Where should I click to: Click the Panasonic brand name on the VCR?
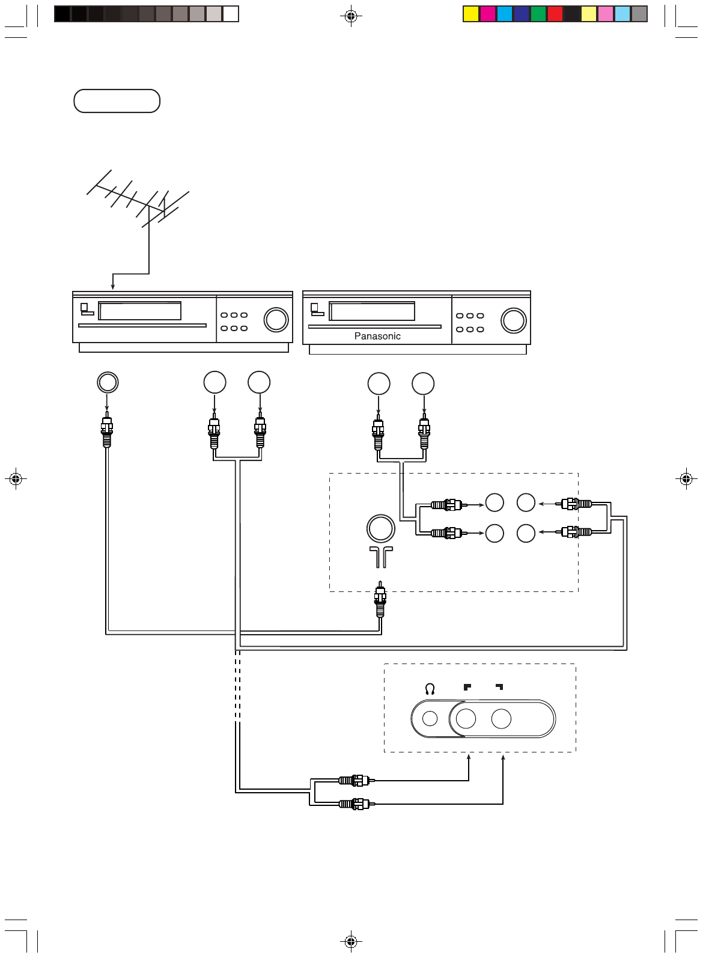coord(377,336)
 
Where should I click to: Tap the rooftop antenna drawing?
coord(138,198)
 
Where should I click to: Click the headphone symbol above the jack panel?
coord(430,689)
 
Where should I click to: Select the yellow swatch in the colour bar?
coord(471,14)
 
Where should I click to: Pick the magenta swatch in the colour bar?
coord(488,14)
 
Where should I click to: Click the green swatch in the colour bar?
coord(538,14)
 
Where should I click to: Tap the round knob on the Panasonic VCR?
coord(513,320)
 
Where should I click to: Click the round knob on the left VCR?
coord(276,320)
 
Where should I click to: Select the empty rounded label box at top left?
coord(117,101)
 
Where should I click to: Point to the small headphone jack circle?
coord(430,719)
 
